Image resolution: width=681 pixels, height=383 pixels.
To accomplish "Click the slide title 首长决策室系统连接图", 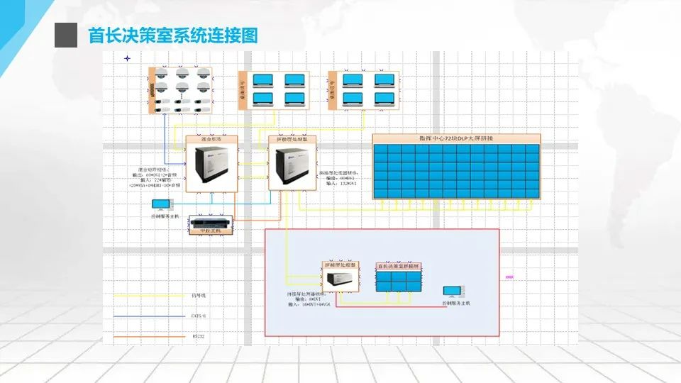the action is [172, 35].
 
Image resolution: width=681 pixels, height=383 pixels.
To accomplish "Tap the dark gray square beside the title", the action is [66, 35].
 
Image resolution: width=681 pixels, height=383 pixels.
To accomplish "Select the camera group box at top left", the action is [181, 90].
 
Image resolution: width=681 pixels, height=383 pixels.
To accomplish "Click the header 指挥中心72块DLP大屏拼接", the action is [456, 138].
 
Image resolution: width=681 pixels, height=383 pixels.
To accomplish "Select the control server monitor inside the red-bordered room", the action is [450, 291].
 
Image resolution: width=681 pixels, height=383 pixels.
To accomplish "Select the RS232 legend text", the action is [198, 335].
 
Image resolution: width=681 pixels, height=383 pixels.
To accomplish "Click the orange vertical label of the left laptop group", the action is [242, 90].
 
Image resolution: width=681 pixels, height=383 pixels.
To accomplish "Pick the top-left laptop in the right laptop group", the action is [353, 80].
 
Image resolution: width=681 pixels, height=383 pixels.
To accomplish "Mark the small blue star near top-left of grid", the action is [127, 58].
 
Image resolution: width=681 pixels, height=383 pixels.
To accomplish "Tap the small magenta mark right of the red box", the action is [509, 277].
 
